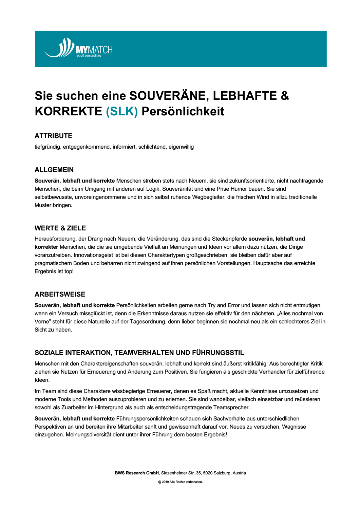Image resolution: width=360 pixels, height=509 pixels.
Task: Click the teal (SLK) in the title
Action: [x=122, y=111]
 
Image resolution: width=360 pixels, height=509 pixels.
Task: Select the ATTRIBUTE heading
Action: [x=53, y=136]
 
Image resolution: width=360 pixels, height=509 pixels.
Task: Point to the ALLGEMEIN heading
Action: [x=54, y=170]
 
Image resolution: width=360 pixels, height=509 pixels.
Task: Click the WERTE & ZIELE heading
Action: [x=60, y=228]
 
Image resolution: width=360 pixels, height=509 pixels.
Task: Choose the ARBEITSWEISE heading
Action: [x=60, y=294]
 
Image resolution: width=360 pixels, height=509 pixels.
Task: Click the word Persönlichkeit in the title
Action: [x=183, y=111]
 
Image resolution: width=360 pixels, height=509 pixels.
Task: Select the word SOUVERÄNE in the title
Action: [x=168, y=96]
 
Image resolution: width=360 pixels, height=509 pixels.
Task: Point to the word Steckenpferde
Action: [x=229, y=239]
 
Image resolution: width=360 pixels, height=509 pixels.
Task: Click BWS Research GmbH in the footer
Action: [x=137, y=473]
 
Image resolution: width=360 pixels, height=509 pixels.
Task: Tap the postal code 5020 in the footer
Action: [x=208, y=473]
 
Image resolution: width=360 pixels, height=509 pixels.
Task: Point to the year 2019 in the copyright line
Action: [x=165, y=482]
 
